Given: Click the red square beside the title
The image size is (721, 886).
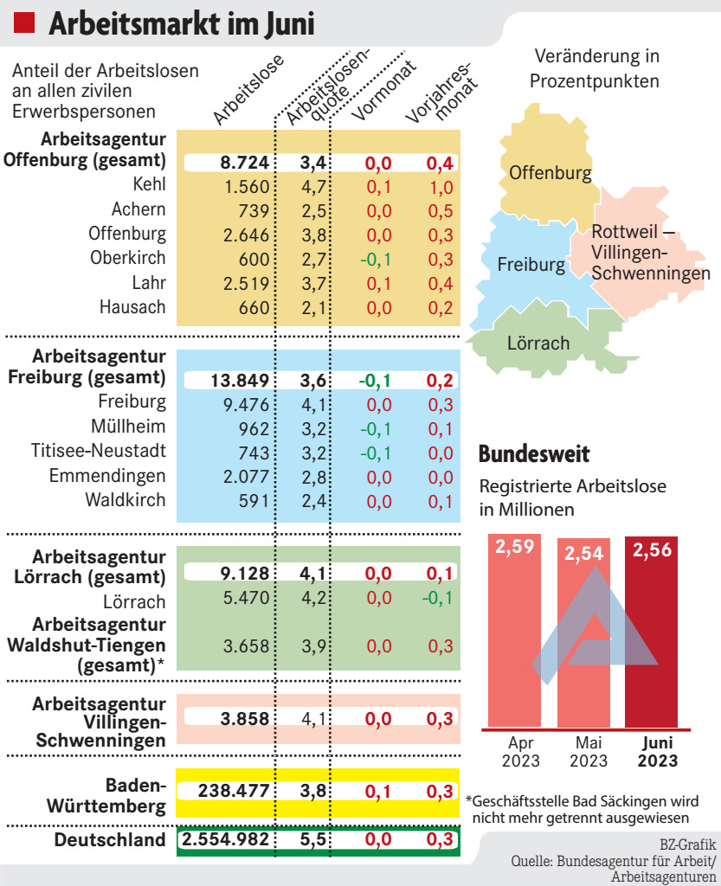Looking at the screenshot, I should click(x=25, y=23).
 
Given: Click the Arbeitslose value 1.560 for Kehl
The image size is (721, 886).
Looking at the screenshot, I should click(x=244, y=185).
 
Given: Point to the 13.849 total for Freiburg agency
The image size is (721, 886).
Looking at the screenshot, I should click(x=240, y=379).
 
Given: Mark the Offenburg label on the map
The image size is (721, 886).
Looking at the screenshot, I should click(x=550, y=173).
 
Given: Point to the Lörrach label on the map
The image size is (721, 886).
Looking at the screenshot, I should click(x=538, y=343).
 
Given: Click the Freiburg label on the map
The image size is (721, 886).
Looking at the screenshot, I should click(x=531, y=265).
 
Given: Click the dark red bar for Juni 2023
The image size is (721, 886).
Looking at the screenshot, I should click(x=663, y=640).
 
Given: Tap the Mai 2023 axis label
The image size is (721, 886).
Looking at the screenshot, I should click(x=589, y=752).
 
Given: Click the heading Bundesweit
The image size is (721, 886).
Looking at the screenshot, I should click(x=534, y=453).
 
